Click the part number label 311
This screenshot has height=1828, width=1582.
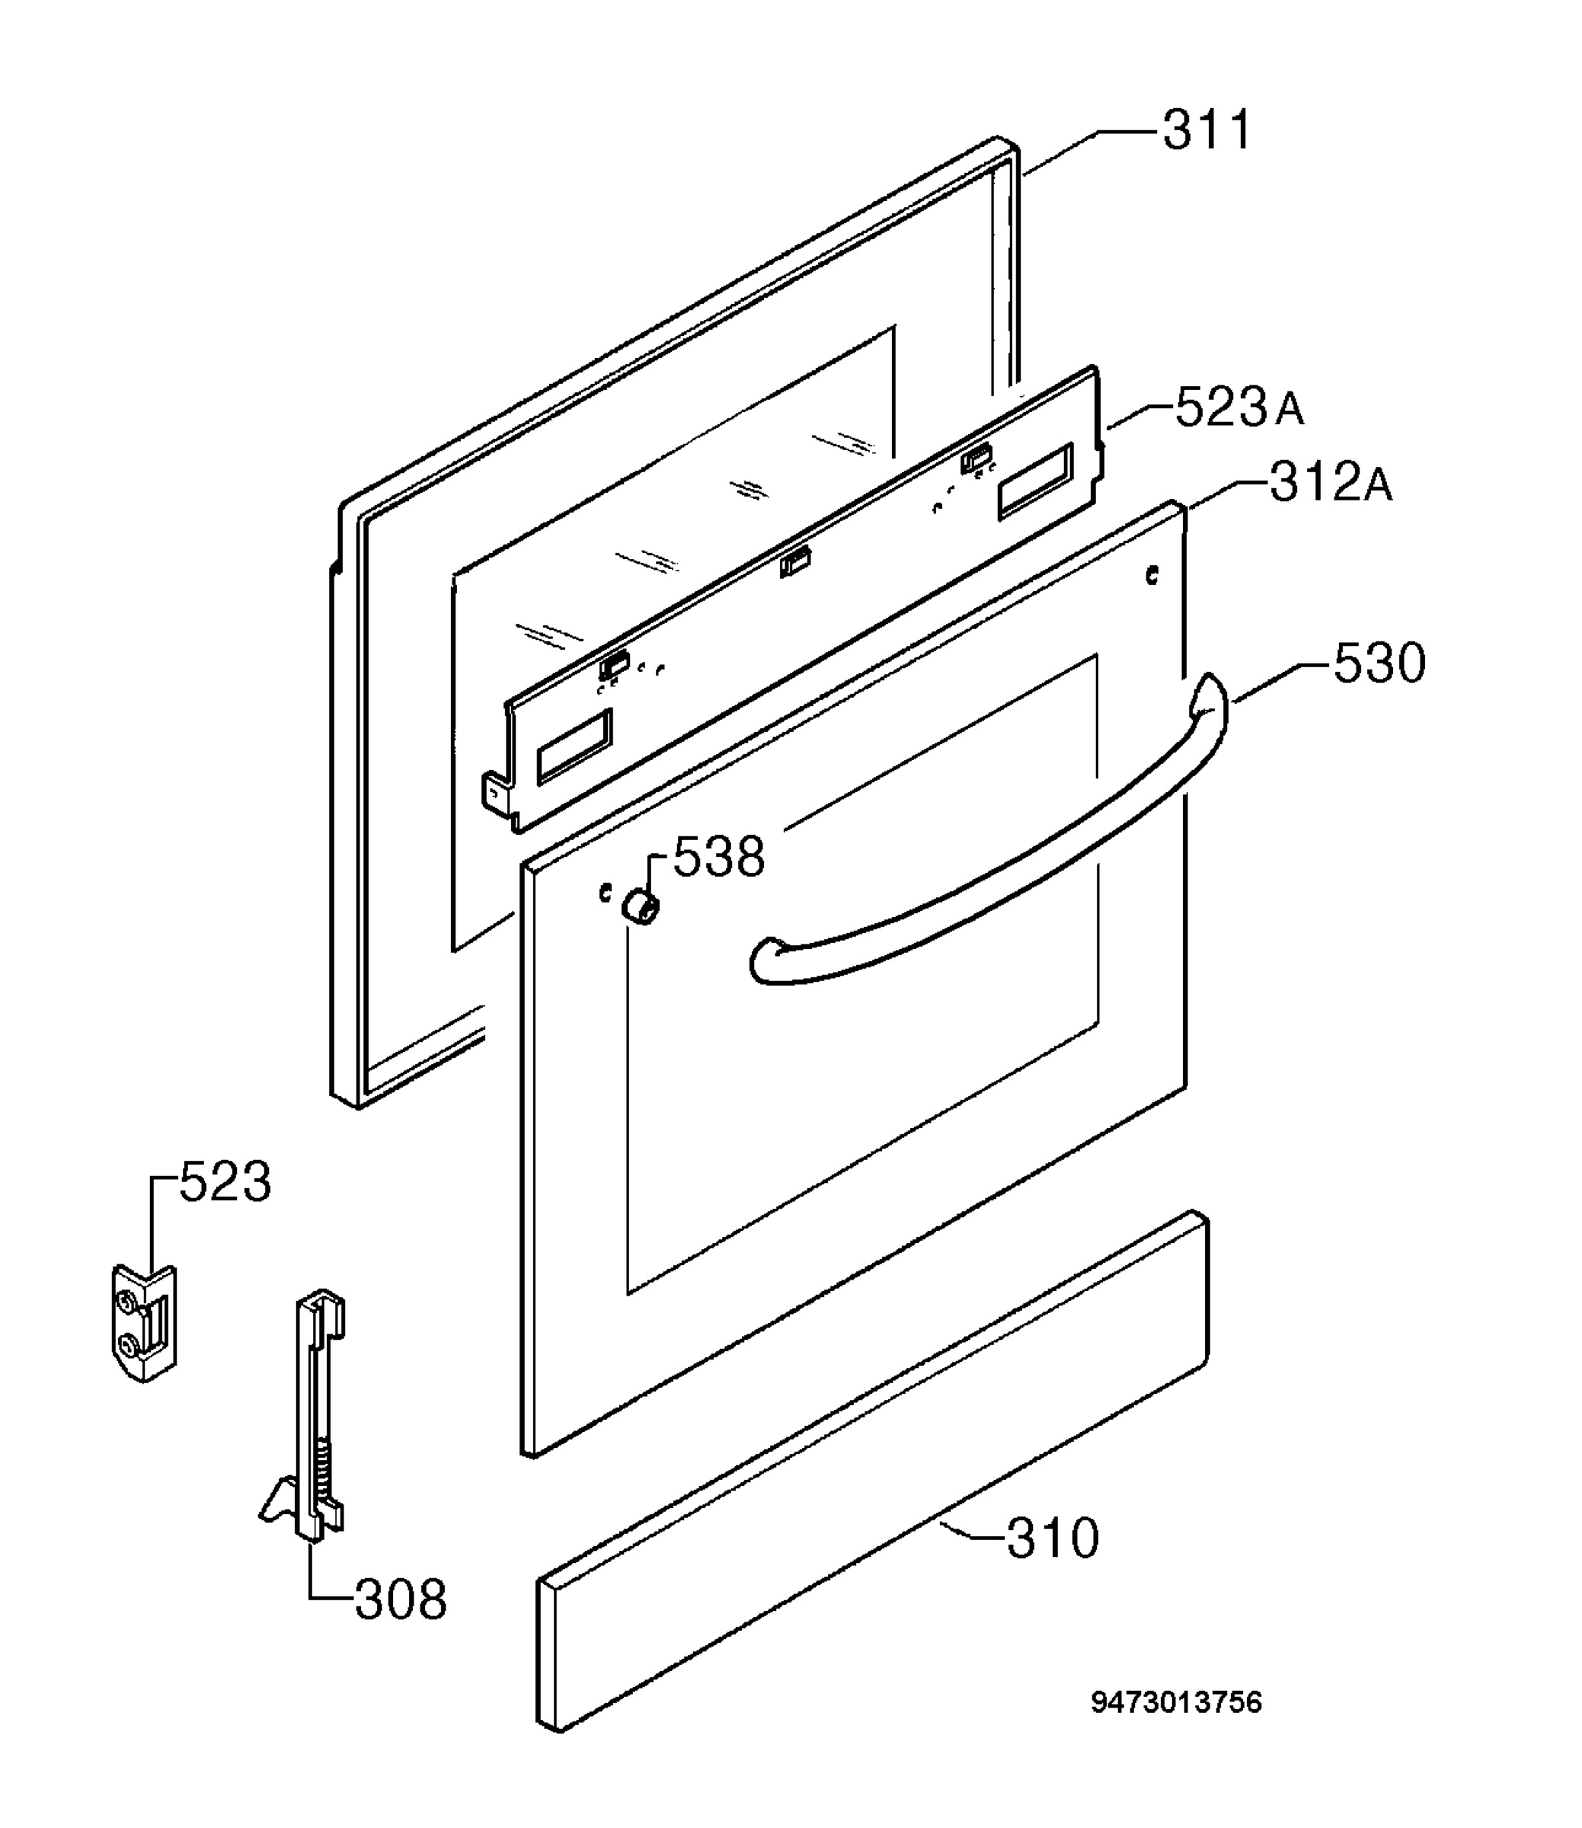pos(1206,131)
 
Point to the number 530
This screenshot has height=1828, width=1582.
pos(1379,663)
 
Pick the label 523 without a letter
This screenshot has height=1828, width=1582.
pos(225,1182)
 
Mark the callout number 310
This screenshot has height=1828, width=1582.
pos(1053,1538)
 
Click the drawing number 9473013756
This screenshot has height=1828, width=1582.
pos(1177,1701)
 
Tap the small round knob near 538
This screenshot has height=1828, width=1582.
pos(640,906)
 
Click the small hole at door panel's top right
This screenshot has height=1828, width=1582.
pos(1151,576)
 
